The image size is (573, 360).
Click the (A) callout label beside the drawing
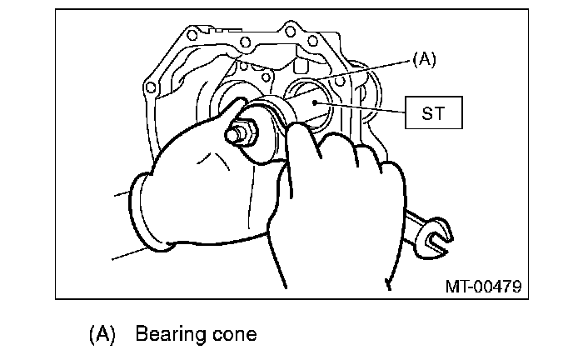point(424,59)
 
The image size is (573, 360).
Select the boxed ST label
point(434,112)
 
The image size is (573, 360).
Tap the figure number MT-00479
point(483,286)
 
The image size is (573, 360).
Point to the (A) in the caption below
point(102,334)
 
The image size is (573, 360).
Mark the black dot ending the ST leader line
point(315,102)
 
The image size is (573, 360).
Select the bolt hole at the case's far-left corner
point(150,87)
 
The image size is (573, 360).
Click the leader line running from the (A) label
point(365,70)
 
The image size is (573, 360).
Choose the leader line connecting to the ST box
point(360,107)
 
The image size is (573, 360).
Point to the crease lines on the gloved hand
point(214,161)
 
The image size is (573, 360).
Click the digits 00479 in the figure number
point(498,286)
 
